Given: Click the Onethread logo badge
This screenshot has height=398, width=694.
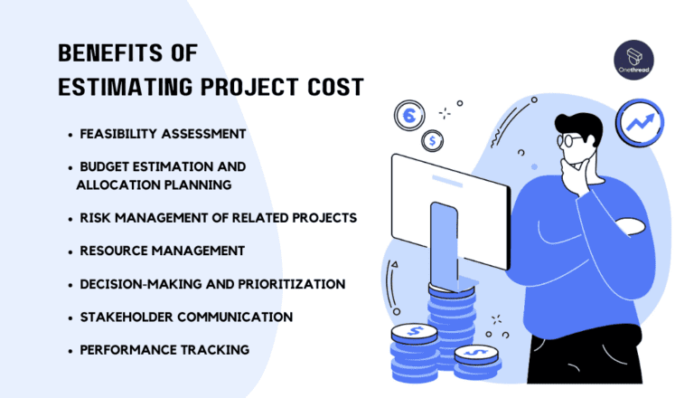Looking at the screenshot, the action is click(633, 60).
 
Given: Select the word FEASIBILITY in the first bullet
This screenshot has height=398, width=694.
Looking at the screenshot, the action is click(118, 134).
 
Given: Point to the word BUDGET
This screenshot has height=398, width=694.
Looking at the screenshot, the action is click(105, 166).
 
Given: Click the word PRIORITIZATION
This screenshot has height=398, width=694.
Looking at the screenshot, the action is click(292, 284).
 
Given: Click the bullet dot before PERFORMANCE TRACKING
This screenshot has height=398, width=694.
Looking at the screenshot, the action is click(70, 352).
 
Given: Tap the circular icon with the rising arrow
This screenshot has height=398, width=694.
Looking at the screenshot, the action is click(640, 123).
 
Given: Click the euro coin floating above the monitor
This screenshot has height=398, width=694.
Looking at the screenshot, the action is click(409, 116).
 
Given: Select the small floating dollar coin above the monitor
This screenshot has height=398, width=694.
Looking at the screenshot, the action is click(433, 141).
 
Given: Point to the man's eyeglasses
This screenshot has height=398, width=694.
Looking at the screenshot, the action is click(570, 140).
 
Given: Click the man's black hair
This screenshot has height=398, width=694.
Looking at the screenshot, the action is click(580, 128).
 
